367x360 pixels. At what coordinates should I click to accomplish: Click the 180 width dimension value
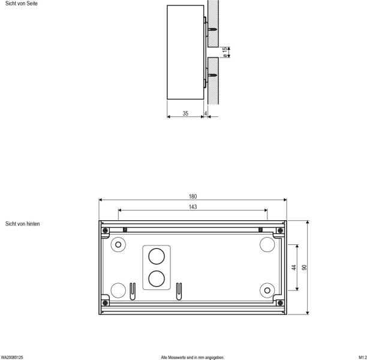(192, 196)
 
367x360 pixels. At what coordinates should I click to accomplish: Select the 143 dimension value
(192, 206)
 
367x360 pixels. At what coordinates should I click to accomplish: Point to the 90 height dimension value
(304, 268)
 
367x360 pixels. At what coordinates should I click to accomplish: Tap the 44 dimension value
(294, 268)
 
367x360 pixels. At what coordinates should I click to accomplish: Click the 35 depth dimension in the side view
(185, 113)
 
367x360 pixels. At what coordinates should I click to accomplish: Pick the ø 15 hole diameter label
(224, 52)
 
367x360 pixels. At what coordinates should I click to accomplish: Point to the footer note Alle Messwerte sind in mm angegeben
(192, 357)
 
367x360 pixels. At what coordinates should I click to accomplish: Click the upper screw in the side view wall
(212, 28)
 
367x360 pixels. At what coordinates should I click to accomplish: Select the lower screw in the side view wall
(212, 76)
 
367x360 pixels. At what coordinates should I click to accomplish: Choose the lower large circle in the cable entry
(157, 278)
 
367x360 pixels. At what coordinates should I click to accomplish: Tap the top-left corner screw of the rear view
(105, 230)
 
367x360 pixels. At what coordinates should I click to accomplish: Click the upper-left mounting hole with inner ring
(119, 245)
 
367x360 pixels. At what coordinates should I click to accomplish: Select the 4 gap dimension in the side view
(206, 113)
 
